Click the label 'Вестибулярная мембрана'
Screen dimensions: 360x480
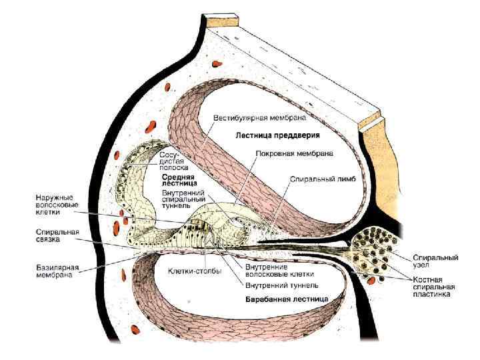[259, 118]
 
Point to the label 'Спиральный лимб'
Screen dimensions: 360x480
[317, 179]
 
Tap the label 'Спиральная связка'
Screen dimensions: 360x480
[57, 235]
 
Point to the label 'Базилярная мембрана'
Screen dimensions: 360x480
[57, 270]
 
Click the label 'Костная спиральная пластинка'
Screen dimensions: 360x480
[432, 285]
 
